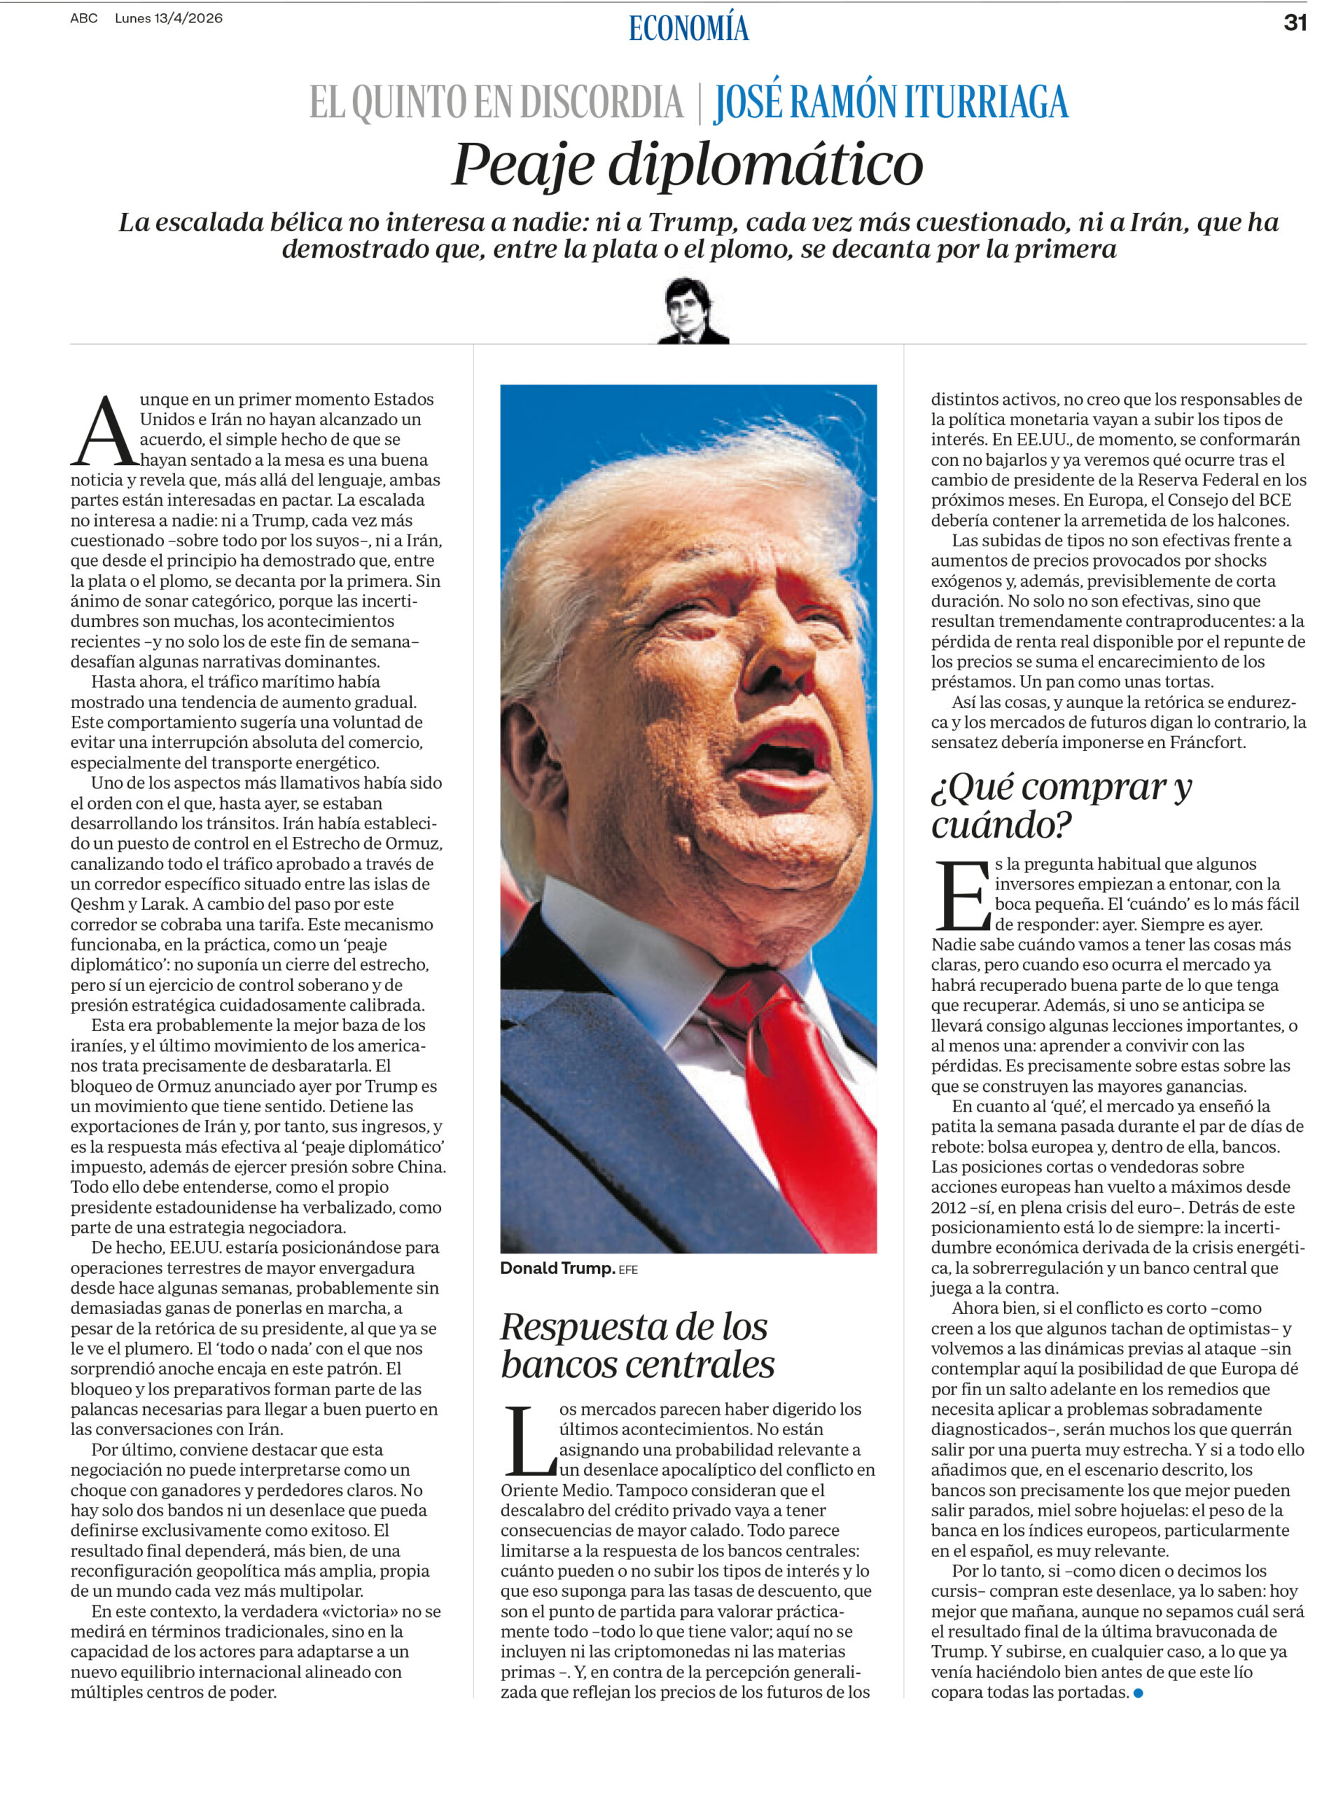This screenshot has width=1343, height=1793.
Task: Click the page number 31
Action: click(x=1295, y=22)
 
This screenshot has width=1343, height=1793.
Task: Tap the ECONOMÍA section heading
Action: click(x=688, y=29)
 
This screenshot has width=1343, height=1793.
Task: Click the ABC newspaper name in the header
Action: click(x=83, y=18)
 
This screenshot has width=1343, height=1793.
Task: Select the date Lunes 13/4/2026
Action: click(x=169, y=18)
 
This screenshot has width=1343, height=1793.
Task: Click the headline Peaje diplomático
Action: click(x=688, y=164)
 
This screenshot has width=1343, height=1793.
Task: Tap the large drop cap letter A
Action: click(x=104, y=431)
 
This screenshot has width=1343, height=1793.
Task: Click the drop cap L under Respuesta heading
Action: click(x=528, y=1441)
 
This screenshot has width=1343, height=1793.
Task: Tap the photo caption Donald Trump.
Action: click(x=557, y=1268)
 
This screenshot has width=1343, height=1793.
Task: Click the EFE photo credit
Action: click(x=628, y=1269)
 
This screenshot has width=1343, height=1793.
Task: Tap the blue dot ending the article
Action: click(x=1138, y=1692)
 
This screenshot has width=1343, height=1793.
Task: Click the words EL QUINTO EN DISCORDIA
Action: click(x=496, y=103)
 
